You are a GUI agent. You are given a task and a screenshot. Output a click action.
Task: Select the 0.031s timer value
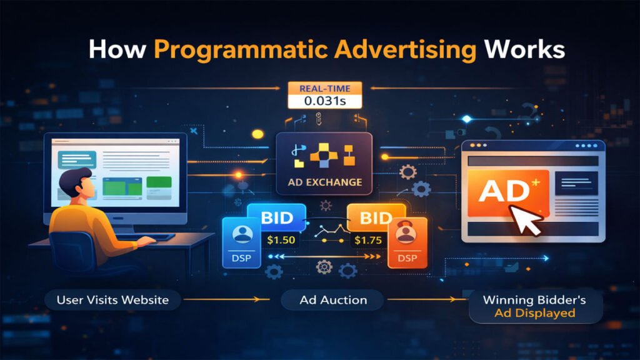point(319,101)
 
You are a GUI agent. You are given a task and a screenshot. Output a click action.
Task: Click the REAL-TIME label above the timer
point(319,88)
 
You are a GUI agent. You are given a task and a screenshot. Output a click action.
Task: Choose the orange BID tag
point(371,218)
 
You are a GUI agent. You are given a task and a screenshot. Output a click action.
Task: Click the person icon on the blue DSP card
point(242,234)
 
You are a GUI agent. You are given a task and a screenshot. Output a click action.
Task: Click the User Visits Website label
point(112,300)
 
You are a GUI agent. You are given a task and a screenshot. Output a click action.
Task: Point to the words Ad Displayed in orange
point(534,312)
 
